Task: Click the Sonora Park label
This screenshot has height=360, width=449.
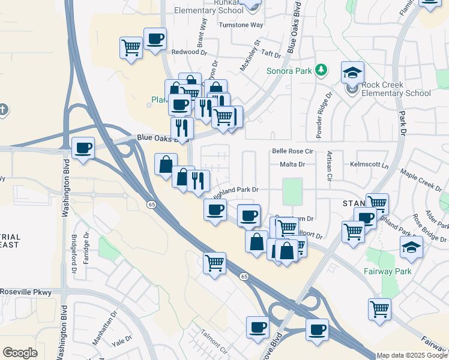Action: [289, 71]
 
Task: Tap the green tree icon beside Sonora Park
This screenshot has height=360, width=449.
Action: [322, 70]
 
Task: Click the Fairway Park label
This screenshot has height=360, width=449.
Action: [387, 271]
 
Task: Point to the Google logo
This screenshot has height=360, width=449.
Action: [20, 353]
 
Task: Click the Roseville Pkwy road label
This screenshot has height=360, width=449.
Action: [26, 292]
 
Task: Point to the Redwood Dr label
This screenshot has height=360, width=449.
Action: [188, 52]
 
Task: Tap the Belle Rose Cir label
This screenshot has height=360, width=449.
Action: [293, 152]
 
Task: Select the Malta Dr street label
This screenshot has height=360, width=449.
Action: [292, 164]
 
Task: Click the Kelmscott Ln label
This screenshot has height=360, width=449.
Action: [369, 164]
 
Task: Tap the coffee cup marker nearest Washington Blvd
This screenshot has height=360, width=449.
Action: [83, 147]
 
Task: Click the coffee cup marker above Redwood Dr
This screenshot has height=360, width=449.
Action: [155, 38]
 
